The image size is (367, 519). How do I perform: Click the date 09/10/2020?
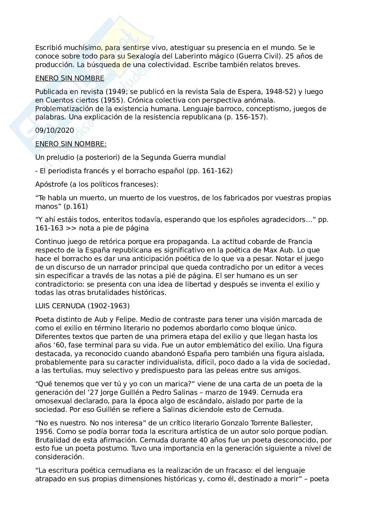(55, 130)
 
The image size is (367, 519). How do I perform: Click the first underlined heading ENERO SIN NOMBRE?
(70, 78)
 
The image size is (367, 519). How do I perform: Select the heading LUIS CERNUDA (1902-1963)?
(83, 306)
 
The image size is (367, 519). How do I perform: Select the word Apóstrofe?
(50, 184)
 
